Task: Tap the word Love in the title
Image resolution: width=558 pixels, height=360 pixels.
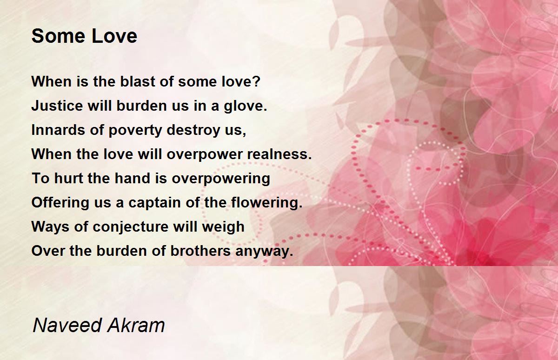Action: [114, 36]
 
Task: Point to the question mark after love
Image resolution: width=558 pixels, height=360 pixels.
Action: [257, 81]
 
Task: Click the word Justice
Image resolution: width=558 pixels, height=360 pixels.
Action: [57, 106]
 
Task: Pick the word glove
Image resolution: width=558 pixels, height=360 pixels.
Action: [246, 107]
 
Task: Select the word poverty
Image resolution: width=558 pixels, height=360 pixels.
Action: [135, 131]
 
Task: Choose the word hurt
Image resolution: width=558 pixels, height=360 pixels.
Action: [68, 178]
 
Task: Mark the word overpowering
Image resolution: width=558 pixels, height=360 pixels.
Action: [221, 179]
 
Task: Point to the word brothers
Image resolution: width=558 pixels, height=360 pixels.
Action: [200, 251]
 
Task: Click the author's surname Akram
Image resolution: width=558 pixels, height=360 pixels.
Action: [136, 325]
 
